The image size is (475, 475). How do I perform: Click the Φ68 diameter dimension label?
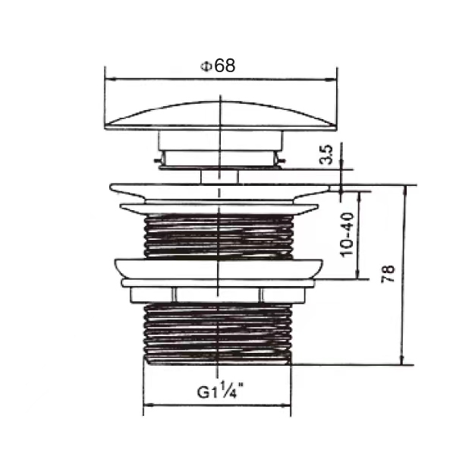tap(218, 65)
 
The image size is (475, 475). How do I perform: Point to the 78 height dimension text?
tap(388, 274)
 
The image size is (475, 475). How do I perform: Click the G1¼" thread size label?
tap(220, 392)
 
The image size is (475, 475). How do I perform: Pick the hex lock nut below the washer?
tap(219, 294)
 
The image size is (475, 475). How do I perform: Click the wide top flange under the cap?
tap(219, 189)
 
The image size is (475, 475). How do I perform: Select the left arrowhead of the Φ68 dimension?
tap(107, 78)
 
